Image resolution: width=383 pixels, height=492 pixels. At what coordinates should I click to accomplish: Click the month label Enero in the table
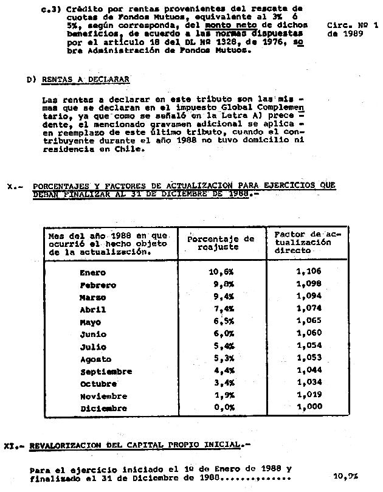[92, 272]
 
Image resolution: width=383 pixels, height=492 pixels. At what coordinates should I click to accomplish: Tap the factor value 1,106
[309, 271]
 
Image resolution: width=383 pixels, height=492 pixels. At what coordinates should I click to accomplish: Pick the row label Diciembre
[104, 409]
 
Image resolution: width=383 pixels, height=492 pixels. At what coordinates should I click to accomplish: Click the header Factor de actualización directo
[302, 241]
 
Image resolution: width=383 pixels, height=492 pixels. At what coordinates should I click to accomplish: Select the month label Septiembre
[106, 372]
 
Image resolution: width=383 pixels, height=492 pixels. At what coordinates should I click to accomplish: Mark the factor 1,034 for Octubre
[309, 383]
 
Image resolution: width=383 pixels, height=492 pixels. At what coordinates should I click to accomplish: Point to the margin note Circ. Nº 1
[352, 26]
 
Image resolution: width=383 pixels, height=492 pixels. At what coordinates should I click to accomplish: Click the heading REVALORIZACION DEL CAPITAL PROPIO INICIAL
[134, 445]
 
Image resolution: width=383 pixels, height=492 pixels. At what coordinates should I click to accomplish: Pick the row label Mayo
[90, 322]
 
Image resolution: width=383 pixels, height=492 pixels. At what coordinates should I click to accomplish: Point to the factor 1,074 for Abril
[309, 308]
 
